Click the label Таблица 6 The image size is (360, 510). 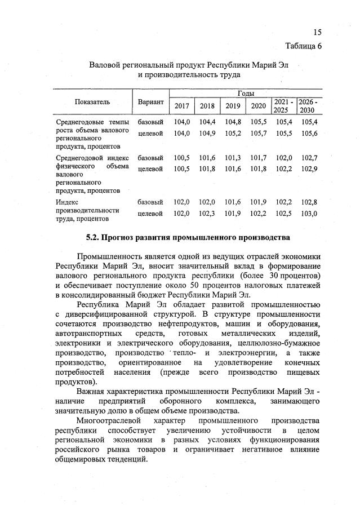coord(304,46)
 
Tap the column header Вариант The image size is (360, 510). coord(150,102)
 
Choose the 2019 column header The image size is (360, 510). coord(232,106)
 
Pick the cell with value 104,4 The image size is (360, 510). coord(207,122)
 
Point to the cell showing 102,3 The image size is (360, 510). coord(207,213)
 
